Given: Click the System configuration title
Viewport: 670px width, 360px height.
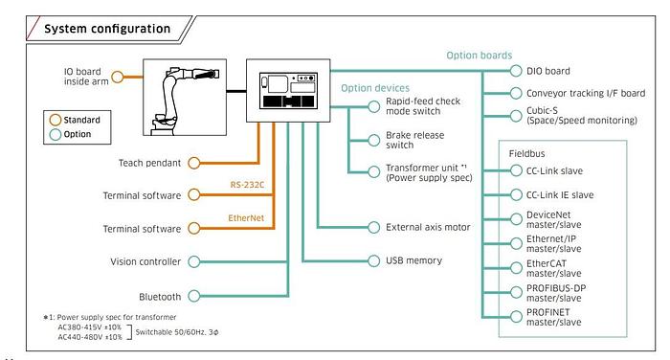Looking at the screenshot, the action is click(x=107, y=29).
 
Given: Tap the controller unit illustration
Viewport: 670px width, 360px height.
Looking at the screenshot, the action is click(x=288, y=90).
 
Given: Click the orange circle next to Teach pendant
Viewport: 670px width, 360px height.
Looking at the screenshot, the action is click(x=194, y=163).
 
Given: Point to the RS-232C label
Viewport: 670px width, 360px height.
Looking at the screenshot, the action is click(x=247, y=185).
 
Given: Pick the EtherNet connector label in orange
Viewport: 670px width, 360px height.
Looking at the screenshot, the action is click(x=246, y=218).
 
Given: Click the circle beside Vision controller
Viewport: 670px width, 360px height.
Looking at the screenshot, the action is click(x=194, y=261).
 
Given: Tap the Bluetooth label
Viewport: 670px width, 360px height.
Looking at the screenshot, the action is click(x=160, y=297).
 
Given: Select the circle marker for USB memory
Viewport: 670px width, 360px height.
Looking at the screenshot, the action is click(x=374, y=260).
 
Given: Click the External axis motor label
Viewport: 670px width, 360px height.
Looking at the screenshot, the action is click(x=428, y=227).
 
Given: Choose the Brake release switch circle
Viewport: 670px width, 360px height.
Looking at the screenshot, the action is click(x=374, y=140).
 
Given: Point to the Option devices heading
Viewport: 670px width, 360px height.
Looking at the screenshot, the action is click(x=375, y=88).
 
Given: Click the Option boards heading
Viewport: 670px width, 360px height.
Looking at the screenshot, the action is click(x=479, y=56).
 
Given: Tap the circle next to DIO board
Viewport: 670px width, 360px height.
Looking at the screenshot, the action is click(x=516, y=71).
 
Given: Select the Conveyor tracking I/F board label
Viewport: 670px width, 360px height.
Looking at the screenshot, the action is click(x=586, y=93).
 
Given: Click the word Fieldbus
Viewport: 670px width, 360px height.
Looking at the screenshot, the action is click(x=526, y=153).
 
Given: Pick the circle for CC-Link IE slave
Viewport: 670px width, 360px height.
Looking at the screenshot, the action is click(x=516, y=195).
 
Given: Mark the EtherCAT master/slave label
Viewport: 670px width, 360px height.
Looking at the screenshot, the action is click(x=554, y=268).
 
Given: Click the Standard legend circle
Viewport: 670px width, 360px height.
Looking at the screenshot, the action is click(x=56, y=120).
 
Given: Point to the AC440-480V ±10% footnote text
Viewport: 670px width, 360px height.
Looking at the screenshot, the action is click(x=90, y=337).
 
